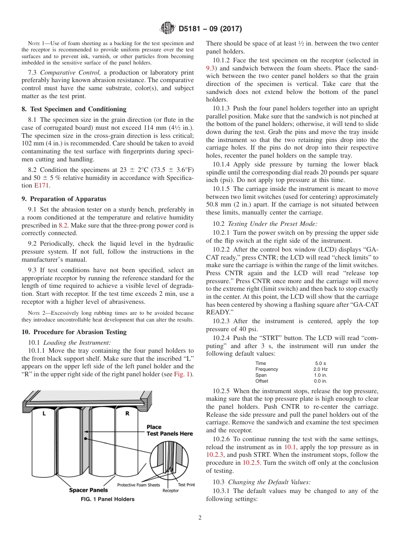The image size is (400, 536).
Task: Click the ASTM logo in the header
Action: click(x=168, y=29)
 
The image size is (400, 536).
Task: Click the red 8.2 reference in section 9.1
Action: click(x=63, y=225)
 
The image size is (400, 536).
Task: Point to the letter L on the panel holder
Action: click(x=44, y=414)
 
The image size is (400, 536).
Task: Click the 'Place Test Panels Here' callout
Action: click(x=169, y=430)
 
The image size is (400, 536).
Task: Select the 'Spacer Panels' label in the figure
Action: click(x=88, y=490)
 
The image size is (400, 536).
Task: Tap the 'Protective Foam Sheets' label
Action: click(x=138, y=485)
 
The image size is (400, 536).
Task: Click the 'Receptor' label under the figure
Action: click(x=171, y=490)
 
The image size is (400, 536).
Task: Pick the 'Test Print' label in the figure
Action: click(x=186, y=485)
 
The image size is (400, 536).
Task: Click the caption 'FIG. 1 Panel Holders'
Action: click(x=107, y=499)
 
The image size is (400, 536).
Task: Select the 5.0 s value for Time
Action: click(x=320, y=363)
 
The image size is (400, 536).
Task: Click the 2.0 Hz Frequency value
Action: click(x=320, y=369)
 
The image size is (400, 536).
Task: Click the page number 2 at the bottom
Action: click(x=200, y=518)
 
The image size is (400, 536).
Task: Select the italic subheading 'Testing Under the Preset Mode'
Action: click(x=272, y=224)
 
